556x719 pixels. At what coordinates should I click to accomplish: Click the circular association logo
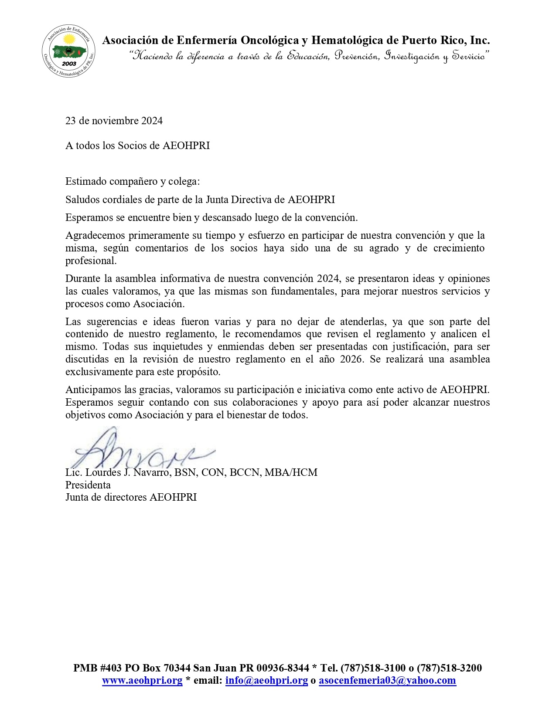click(68, 51)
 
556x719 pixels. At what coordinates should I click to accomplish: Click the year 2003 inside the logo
click(69, 64)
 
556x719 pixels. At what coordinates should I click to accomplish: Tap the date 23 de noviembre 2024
click(114, 121)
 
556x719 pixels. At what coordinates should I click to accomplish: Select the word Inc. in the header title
click(480, 41)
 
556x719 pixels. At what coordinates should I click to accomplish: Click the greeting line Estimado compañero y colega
click(133, 181)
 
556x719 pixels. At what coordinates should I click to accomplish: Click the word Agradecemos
click(95, 236)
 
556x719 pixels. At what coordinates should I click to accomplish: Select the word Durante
click(82, 279)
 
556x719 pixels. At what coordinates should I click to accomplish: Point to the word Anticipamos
click(93, 389)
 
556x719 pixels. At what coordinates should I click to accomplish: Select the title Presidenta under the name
click(88, 485)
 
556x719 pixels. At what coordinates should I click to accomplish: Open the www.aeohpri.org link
click(142, 681)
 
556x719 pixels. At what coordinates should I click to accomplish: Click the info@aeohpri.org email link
click(266, 681)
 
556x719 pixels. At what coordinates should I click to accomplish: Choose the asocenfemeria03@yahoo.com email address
click(387, 681)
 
